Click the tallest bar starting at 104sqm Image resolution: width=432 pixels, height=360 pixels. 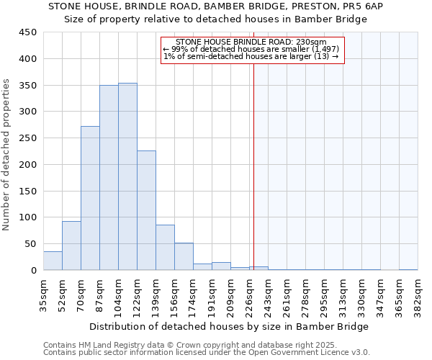pyautogui.click(x=127, y=176)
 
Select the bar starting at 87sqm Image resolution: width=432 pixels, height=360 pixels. pyautogui.click(x=109, y=178)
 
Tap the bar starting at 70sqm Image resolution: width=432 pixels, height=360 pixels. pyautogui.click(x=90, y=198)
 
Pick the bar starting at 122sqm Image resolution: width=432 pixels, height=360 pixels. pyautogui.click(x=146, y=210)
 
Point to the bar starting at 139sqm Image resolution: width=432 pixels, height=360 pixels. pyautogui.click(x=165, y=248)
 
